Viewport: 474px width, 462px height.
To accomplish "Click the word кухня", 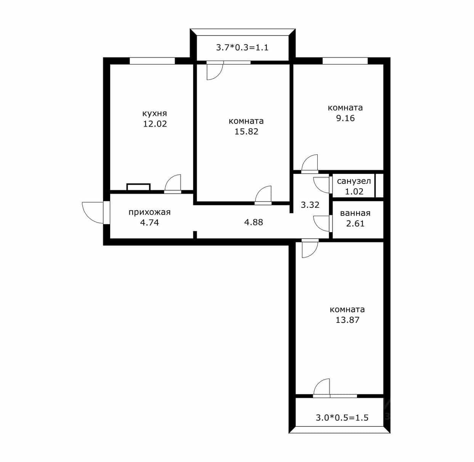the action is pos(154,114).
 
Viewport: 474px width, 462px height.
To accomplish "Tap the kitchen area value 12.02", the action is pos(155,124).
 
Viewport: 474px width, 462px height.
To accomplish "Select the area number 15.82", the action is pos(246,132).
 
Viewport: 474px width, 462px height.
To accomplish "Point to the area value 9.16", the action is pos(345,118).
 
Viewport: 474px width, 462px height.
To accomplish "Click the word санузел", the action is pos(354,181).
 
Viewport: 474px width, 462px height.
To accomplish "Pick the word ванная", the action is pos(355,213).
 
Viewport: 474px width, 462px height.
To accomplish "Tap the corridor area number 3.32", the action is pos(310,205).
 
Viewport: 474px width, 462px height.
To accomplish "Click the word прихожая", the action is pos(149,212).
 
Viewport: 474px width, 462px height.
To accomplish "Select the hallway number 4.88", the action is pos(254,222).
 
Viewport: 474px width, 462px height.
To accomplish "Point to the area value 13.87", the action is pos(347,320).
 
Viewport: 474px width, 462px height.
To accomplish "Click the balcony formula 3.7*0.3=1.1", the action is pos(242,47).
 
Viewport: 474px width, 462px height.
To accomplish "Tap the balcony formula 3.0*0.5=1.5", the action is pos(342,418).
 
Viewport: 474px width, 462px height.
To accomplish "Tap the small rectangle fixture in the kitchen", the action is pos(138,187).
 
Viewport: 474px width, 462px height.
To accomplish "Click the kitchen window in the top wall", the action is pos(152,61).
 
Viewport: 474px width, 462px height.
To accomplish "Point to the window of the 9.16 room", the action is pos(345,61).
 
